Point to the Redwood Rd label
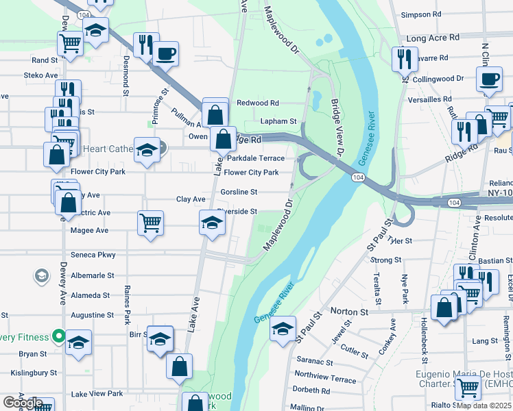258,103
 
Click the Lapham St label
278,121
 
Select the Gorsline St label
243,192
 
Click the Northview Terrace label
325,376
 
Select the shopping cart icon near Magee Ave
150,222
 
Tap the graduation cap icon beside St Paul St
283,329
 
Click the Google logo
22,403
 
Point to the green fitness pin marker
59,337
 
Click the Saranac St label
314,362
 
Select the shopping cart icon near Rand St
71,44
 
